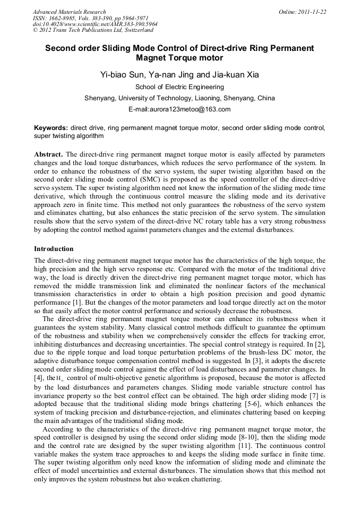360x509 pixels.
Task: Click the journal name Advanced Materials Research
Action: click(69, 12)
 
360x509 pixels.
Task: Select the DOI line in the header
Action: click(95, 24)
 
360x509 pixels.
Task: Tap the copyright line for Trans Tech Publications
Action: click(93, 30)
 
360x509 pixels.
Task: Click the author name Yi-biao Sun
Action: click(118, 75)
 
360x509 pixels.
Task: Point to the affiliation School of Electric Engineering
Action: click(179, 87)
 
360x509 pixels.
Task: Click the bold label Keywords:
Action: click(51, 128)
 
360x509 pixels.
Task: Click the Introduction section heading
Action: click(54, 248)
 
